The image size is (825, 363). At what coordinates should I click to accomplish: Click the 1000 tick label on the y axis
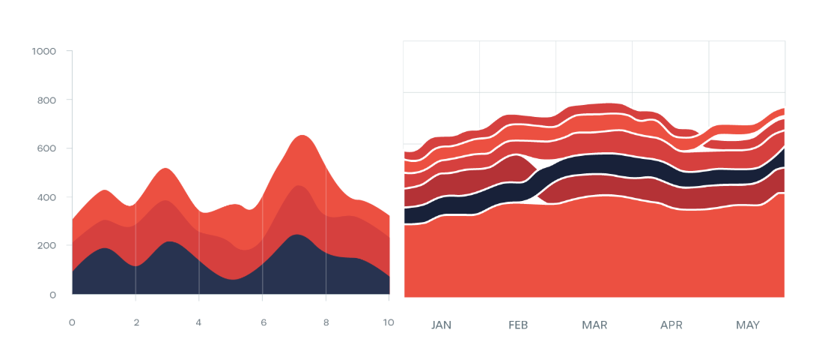[44, 51]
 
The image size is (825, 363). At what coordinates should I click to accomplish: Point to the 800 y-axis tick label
[46, 100]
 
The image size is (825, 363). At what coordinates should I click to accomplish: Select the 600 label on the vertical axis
[46, 148]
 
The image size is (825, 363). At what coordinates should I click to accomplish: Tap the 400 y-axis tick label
[46, 197]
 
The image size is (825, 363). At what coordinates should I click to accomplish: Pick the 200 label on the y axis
[46, 246]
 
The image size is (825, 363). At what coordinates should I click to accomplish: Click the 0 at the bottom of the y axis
[53, 295]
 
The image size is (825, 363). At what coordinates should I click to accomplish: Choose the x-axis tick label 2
[136, 322]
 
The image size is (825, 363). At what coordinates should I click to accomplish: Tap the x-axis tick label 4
[199, 322]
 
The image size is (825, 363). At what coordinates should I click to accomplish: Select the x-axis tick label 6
[263, 322]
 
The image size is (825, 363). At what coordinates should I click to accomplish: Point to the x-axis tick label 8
[326, 322]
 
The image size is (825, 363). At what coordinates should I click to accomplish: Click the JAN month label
[442, 325]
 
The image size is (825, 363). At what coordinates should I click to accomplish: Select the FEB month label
[518, 325]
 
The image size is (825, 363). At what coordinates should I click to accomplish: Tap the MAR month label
[594, 325]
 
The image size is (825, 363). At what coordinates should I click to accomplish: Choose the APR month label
[672, 325]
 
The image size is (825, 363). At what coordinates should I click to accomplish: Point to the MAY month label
[748, 325]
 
